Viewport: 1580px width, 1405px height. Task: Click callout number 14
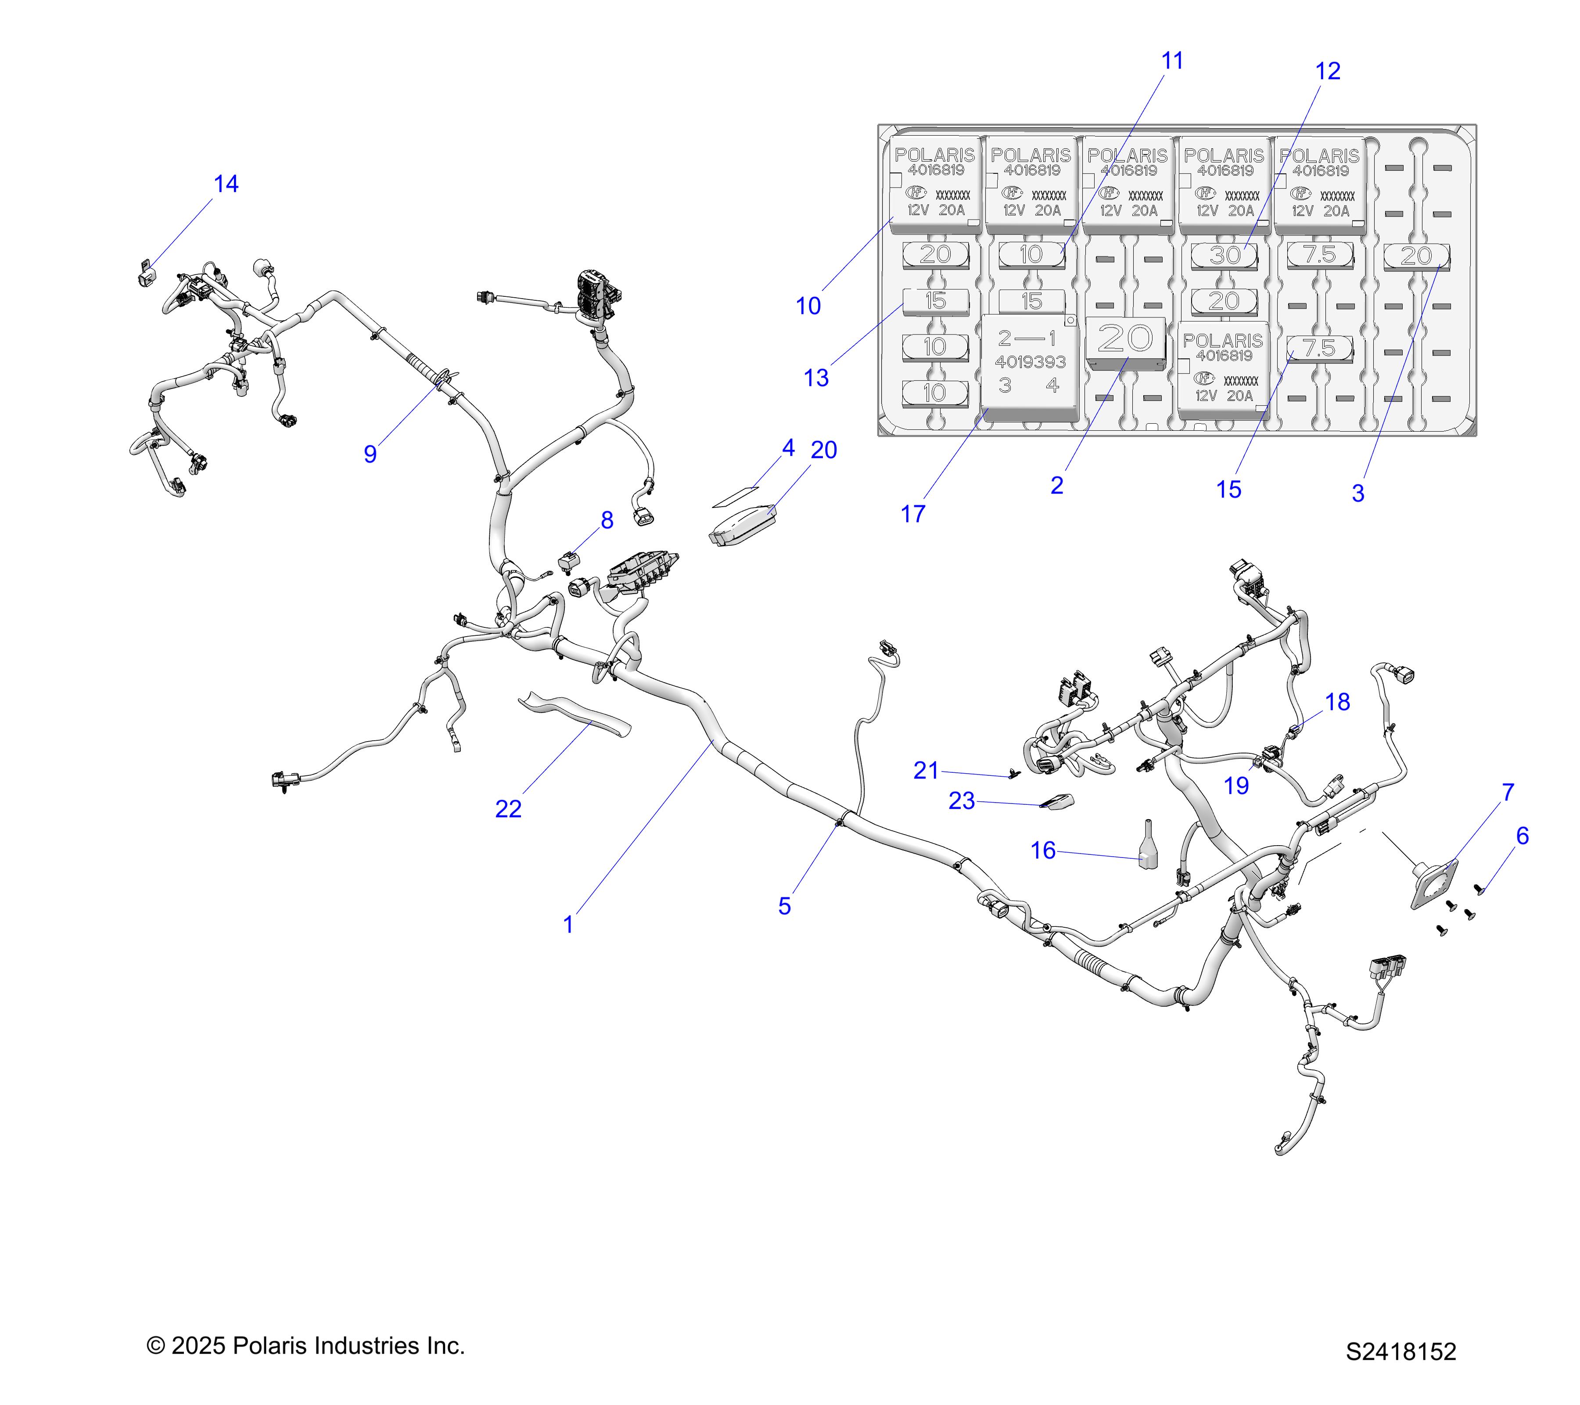(226, 184)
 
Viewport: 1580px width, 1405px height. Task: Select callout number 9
(370, 454)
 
